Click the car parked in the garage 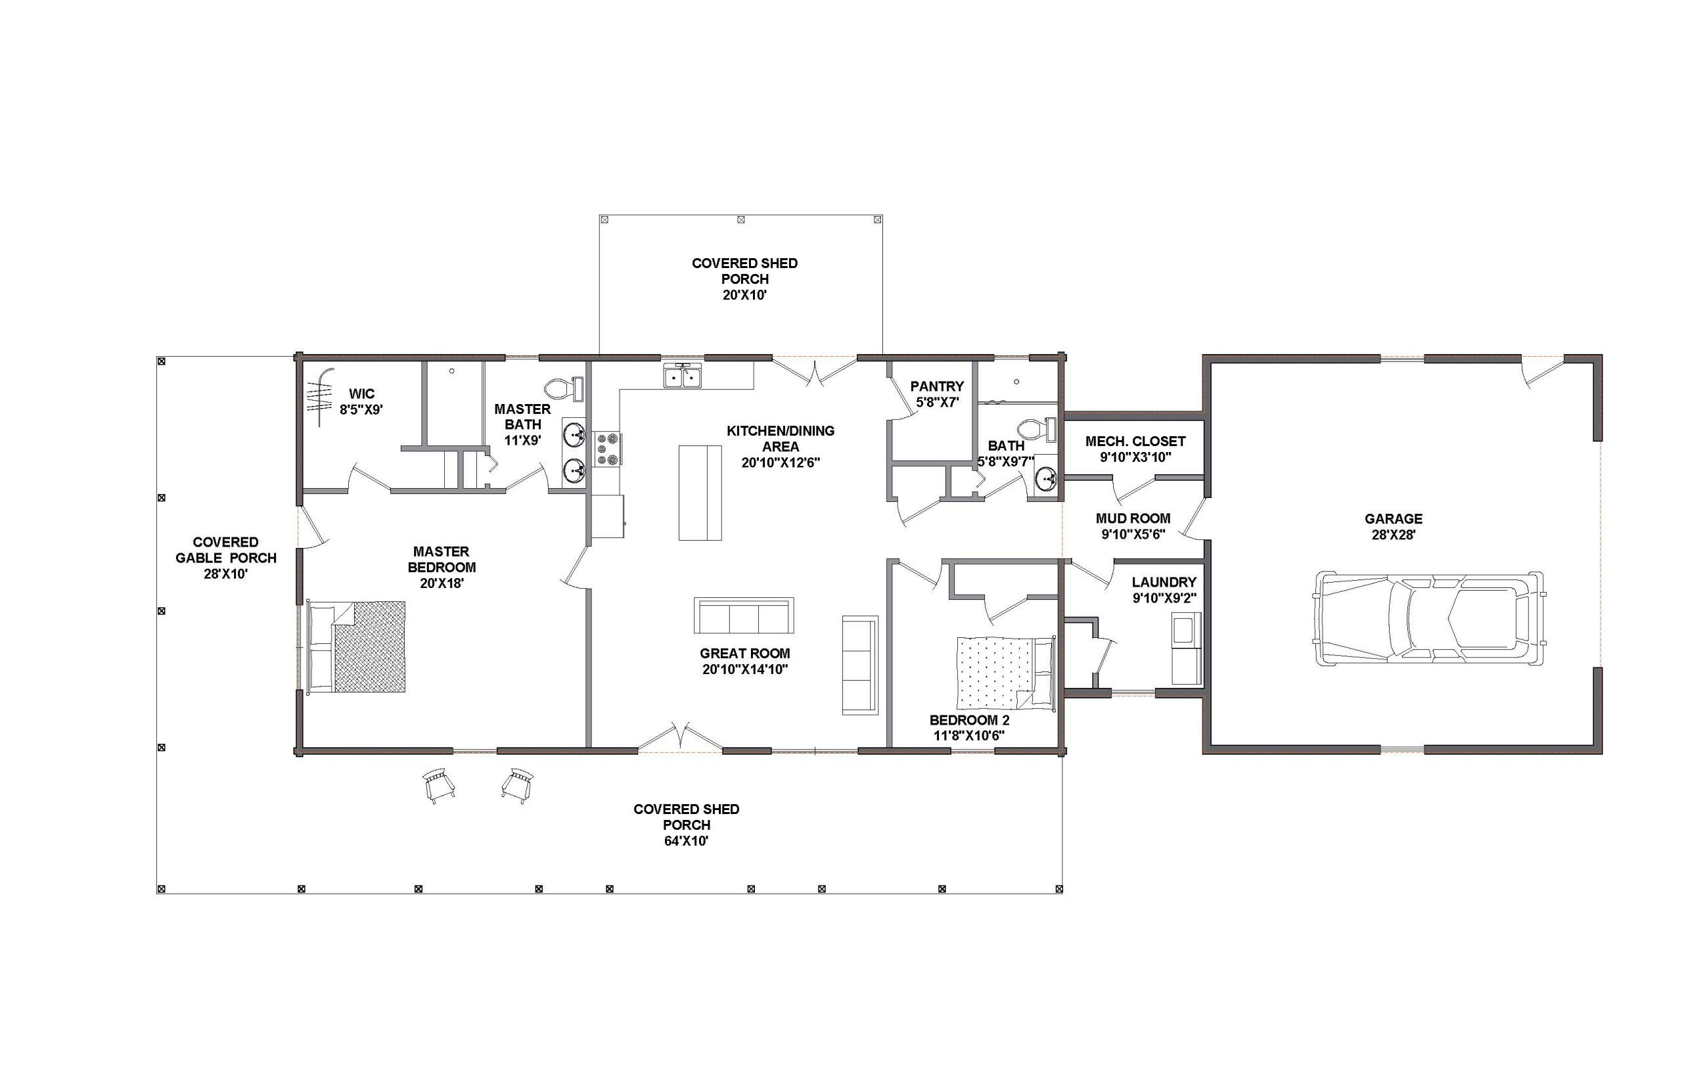(1427, 618)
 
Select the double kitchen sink (683, 376)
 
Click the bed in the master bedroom (356, 646)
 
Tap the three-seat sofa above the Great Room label (744, 616)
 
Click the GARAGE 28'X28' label (1393, 527)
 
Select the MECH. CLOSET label (1135, 442)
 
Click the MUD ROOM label (1133, 518)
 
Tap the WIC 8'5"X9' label (361, 401)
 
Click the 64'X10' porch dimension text (686, 842)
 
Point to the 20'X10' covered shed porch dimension (744, 295)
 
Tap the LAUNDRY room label (1164, 582)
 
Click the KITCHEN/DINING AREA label (781, 439)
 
